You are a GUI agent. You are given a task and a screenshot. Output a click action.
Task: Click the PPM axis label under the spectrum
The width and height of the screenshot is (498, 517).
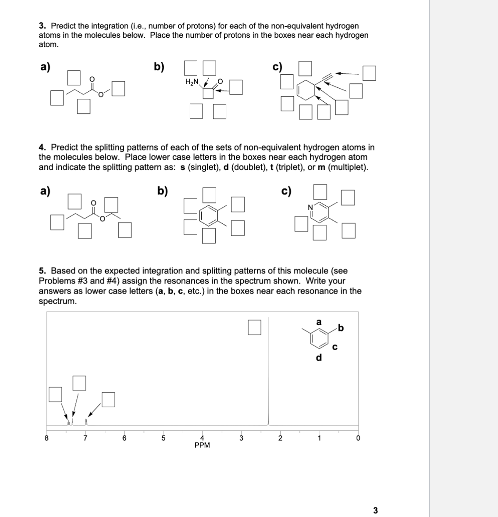202,445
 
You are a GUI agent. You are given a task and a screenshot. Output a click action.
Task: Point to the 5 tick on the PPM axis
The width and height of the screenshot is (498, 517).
163,438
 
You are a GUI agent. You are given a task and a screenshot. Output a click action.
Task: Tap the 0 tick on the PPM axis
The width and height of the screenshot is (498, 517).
358,438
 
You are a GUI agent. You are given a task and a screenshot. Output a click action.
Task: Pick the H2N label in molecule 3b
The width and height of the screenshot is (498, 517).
192,82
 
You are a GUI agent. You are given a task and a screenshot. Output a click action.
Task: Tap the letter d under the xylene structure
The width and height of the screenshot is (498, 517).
319,358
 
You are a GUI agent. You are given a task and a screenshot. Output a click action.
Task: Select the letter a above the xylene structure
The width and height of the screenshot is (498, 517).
319,322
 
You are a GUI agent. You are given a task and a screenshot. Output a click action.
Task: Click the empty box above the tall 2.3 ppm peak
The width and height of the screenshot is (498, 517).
254,327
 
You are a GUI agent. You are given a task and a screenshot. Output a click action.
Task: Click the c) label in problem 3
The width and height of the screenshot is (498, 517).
277,67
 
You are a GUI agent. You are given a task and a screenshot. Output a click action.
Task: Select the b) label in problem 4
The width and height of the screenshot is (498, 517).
163,191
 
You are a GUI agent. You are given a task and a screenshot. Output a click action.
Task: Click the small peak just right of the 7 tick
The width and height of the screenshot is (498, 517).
86,422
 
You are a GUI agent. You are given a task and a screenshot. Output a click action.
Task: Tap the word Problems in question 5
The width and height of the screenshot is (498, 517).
55,281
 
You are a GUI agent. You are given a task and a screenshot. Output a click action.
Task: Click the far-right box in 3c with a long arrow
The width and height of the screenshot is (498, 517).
369,73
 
